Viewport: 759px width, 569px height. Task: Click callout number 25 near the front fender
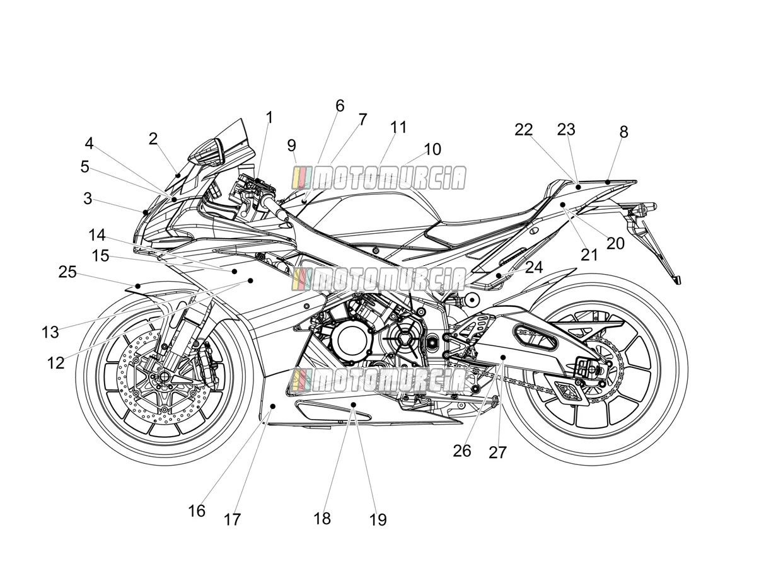click(67, 272)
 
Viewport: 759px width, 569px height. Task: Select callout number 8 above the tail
click(623, 132)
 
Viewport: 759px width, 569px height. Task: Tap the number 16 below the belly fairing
click(197, 510)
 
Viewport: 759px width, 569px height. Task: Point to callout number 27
click(497, 452)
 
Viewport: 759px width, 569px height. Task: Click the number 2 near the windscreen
click(153, 139)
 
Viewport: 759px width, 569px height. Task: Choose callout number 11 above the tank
click(398, 127)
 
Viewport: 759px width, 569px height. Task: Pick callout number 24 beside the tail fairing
click(534, 267)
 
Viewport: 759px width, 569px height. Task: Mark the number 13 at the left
click(50, 332)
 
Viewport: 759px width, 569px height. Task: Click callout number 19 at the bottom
click(378, 520)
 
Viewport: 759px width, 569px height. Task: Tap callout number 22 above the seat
click(523, 130)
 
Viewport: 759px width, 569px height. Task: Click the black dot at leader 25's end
click(137, 286)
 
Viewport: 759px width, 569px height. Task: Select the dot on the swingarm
click(503, 357)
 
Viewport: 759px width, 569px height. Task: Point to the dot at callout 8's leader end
click(608, 181)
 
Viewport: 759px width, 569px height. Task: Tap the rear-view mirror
click(206, 152)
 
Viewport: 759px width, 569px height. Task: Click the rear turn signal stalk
click(644, 208)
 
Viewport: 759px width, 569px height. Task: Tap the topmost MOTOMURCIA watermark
click(379, 178)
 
